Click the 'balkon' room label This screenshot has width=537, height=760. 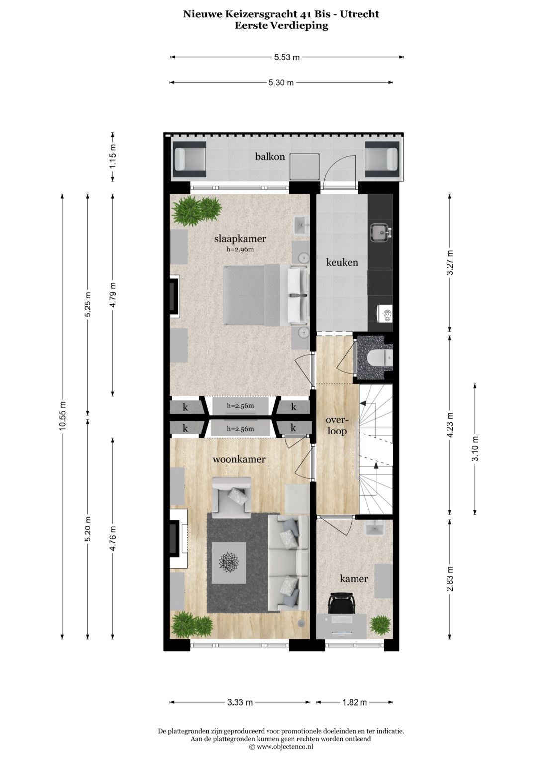(270, 157)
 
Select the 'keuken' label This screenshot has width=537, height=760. (342, 262)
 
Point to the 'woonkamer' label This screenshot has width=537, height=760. (239, 459)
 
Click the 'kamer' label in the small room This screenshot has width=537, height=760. (354, 578)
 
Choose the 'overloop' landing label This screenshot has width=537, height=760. (337, 426)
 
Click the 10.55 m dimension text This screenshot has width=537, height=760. (62, 416)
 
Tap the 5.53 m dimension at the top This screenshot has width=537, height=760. (287, 57)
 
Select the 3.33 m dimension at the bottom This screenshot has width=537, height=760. (240, 702)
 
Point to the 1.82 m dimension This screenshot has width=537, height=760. (355, 702)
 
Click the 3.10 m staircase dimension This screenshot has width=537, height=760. (475, 449)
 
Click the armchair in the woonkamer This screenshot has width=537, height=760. (231, 495)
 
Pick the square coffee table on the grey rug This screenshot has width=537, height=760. (229, 562)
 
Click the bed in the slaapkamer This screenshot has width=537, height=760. (259, 296)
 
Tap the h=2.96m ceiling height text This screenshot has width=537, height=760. (240, 249)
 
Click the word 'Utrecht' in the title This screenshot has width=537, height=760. (360, 14)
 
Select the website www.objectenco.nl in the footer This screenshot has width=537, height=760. (285, 747)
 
